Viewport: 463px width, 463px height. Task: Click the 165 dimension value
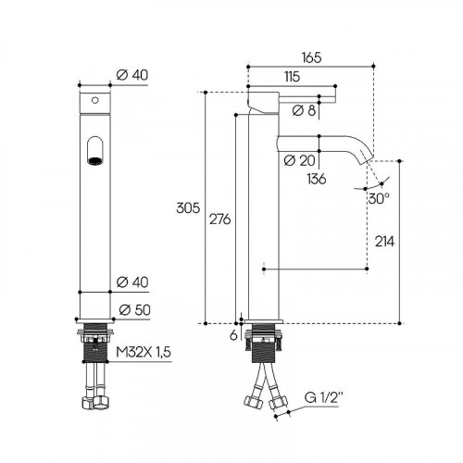click(311, 57)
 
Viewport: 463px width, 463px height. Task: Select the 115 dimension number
click(292, 77)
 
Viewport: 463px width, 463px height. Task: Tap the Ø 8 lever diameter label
click(304, 110)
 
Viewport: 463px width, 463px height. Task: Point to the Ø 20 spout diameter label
click(299, 160)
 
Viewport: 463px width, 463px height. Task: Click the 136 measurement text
click(317, 179)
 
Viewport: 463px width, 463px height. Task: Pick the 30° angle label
click(379, 198)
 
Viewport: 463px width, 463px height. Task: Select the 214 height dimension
click(384, 242)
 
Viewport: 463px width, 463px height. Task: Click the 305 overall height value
click(188, 208)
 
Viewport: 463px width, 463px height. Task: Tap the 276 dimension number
click(220, 219)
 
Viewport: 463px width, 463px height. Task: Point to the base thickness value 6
click(233, 335)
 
